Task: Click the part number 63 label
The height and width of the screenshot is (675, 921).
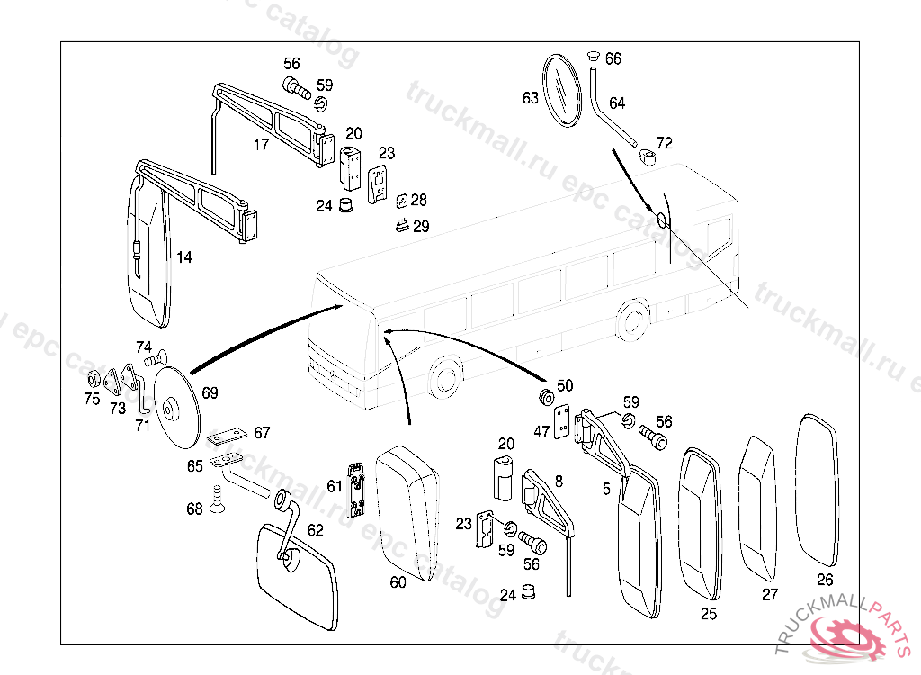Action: [x=530, y=97]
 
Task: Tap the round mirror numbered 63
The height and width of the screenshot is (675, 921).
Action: [x=562, y=90]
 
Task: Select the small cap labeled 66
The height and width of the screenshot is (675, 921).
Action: [x=592, y=58]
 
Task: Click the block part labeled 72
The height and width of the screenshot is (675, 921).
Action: [x=649, y=159]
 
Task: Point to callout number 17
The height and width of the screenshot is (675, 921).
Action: [x=261, y=144]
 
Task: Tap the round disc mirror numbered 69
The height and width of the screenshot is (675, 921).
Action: [x=177, y=409]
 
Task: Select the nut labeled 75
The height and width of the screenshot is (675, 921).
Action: [x=91, y=379]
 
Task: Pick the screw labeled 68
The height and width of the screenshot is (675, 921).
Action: [x=217, y=499]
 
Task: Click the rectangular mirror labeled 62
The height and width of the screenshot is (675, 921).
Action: [x=296, y=573]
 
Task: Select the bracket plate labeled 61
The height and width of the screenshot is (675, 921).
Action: [x=359, y=490]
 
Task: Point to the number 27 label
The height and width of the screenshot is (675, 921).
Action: [x=770, y=594]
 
